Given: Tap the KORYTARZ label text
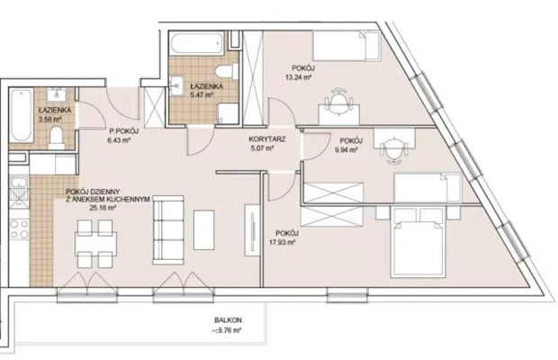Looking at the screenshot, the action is click(267, 139).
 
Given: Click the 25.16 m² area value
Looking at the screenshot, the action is click(103, 208).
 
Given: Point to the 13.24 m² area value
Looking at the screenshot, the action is click(299, 76).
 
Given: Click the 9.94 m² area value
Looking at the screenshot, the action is click(346, 149).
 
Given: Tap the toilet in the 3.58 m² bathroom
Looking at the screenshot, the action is click(57, 137).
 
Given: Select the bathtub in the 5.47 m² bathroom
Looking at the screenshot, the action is click(197, 43).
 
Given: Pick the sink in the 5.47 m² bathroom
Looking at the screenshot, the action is click(176, 85).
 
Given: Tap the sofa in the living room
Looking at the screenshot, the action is click(168, 230).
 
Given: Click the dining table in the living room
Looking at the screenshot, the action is click(95, 244).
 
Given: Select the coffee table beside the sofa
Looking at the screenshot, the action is click(204, 229).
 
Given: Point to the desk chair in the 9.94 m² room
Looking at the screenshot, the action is click(393, 150).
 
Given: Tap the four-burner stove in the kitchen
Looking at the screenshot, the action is click(19, 229).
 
